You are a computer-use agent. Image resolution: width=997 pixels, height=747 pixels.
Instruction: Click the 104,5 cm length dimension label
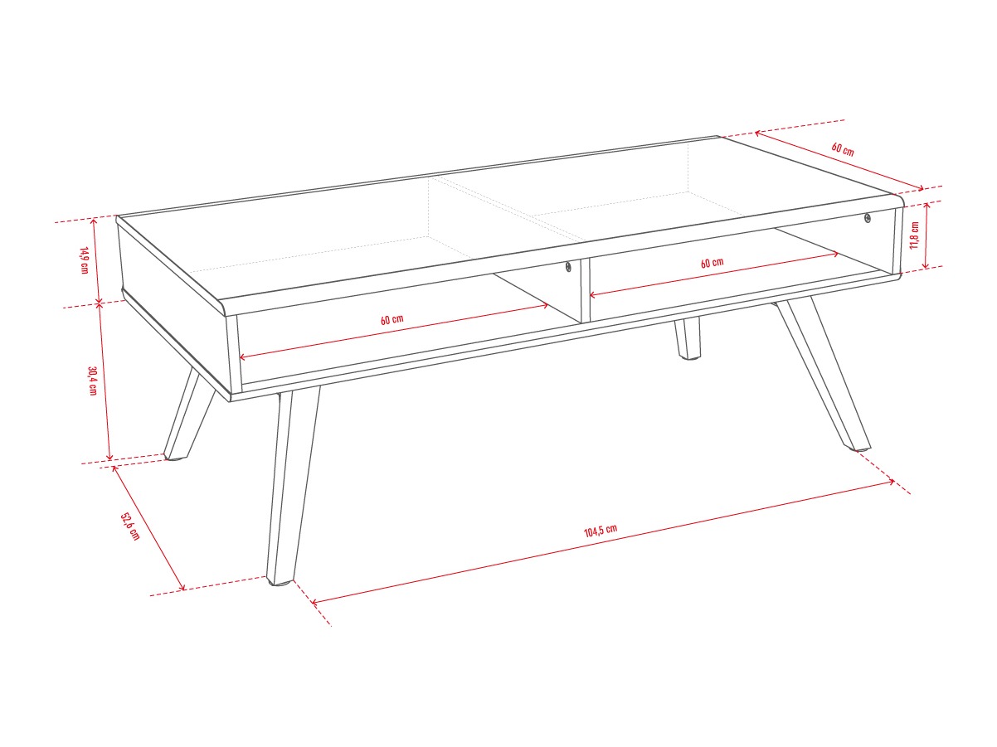(600, 531)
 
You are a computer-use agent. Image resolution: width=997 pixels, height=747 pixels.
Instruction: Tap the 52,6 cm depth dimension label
(130, 526)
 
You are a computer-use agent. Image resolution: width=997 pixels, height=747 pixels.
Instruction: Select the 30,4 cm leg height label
(93, 381)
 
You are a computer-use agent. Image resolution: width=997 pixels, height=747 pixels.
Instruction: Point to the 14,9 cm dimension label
(84, 260)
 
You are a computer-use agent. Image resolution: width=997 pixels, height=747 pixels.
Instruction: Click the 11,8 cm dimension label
(914, 235)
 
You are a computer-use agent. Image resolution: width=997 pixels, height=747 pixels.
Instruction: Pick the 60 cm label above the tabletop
(843, 149)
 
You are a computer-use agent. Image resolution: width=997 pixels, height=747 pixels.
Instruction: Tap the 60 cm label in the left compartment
(392, 319)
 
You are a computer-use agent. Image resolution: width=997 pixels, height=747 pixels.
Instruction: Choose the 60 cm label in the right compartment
(712, 263)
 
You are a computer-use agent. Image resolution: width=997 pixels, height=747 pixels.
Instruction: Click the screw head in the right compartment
(868, 218)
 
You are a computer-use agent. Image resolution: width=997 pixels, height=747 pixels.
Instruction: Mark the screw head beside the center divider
(568, 267)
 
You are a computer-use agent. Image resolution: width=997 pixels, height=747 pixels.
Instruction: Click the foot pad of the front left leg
(280, 583)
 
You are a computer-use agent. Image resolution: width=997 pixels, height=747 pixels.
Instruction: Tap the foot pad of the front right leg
(861, 449)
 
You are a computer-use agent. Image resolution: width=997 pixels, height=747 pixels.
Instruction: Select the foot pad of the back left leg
(174, 459)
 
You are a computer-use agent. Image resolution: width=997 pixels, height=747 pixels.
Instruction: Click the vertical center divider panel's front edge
(585, 291)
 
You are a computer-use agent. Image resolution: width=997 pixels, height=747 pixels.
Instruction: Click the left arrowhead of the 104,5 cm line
(314, 602)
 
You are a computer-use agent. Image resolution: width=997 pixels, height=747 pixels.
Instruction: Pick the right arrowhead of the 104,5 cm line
(893, 482)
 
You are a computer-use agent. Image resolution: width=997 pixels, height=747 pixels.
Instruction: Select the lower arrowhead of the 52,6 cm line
(183, 589)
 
